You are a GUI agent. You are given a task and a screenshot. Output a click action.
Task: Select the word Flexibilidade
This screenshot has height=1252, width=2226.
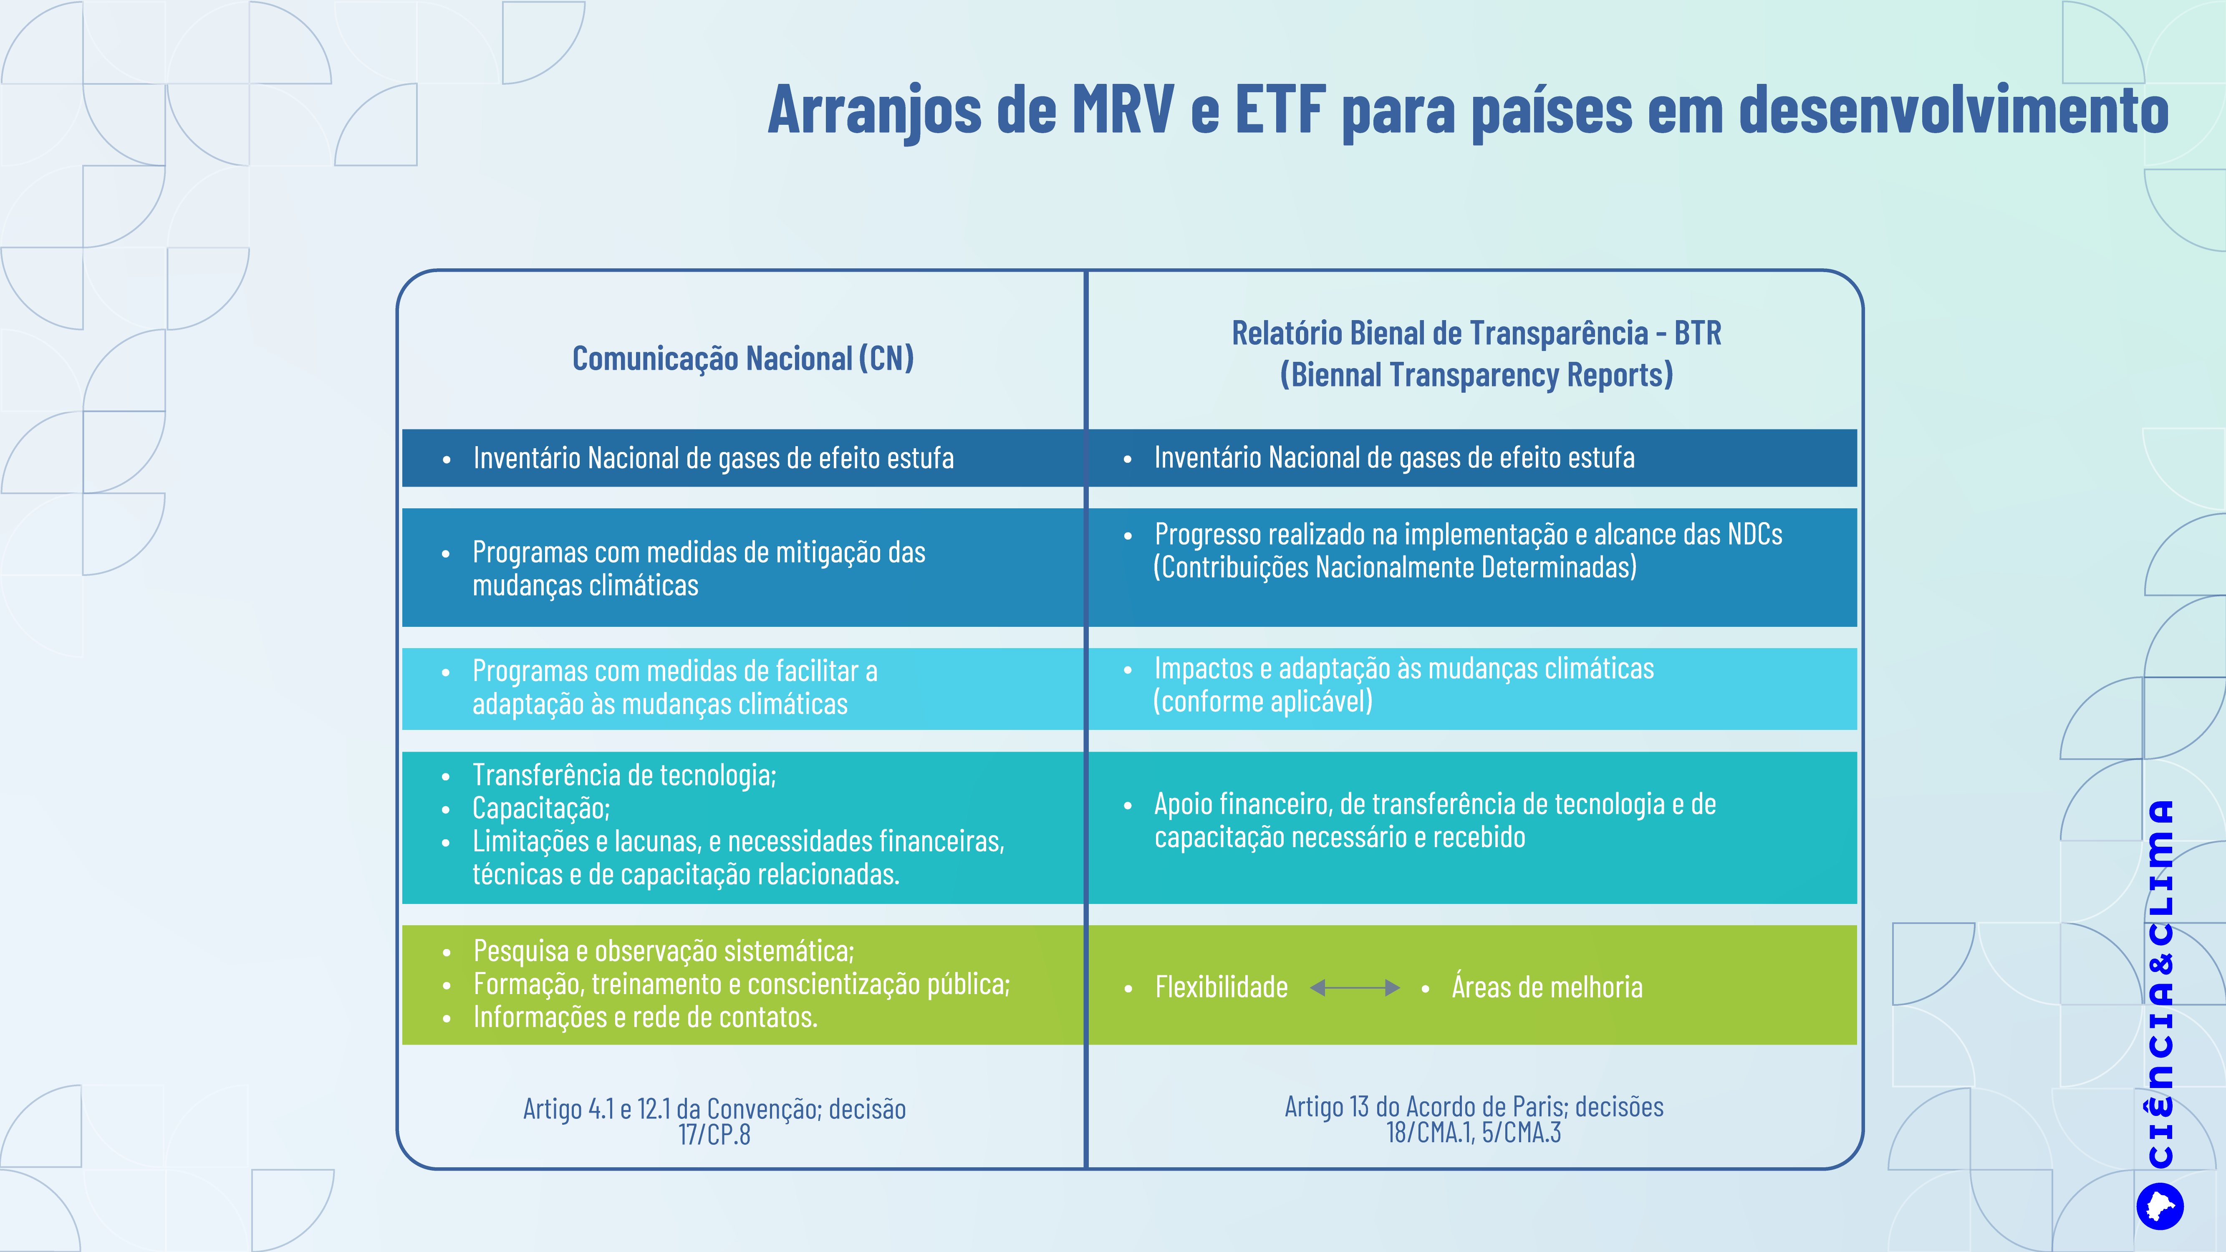1221,987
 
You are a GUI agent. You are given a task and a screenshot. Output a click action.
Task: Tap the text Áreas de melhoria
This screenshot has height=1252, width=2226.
1547,987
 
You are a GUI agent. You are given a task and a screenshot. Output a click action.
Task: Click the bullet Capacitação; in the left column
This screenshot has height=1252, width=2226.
541,808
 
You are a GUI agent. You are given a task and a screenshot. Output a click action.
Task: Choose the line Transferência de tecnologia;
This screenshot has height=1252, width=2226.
624,775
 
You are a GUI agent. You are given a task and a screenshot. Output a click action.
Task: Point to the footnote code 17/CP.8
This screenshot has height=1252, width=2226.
714,1134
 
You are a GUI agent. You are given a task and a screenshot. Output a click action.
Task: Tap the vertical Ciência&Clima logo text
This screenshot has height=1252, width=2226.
2161,983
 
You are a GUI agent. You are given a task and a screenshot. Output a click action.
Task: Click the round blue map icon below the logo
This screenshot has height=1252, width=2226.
2160,1206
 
